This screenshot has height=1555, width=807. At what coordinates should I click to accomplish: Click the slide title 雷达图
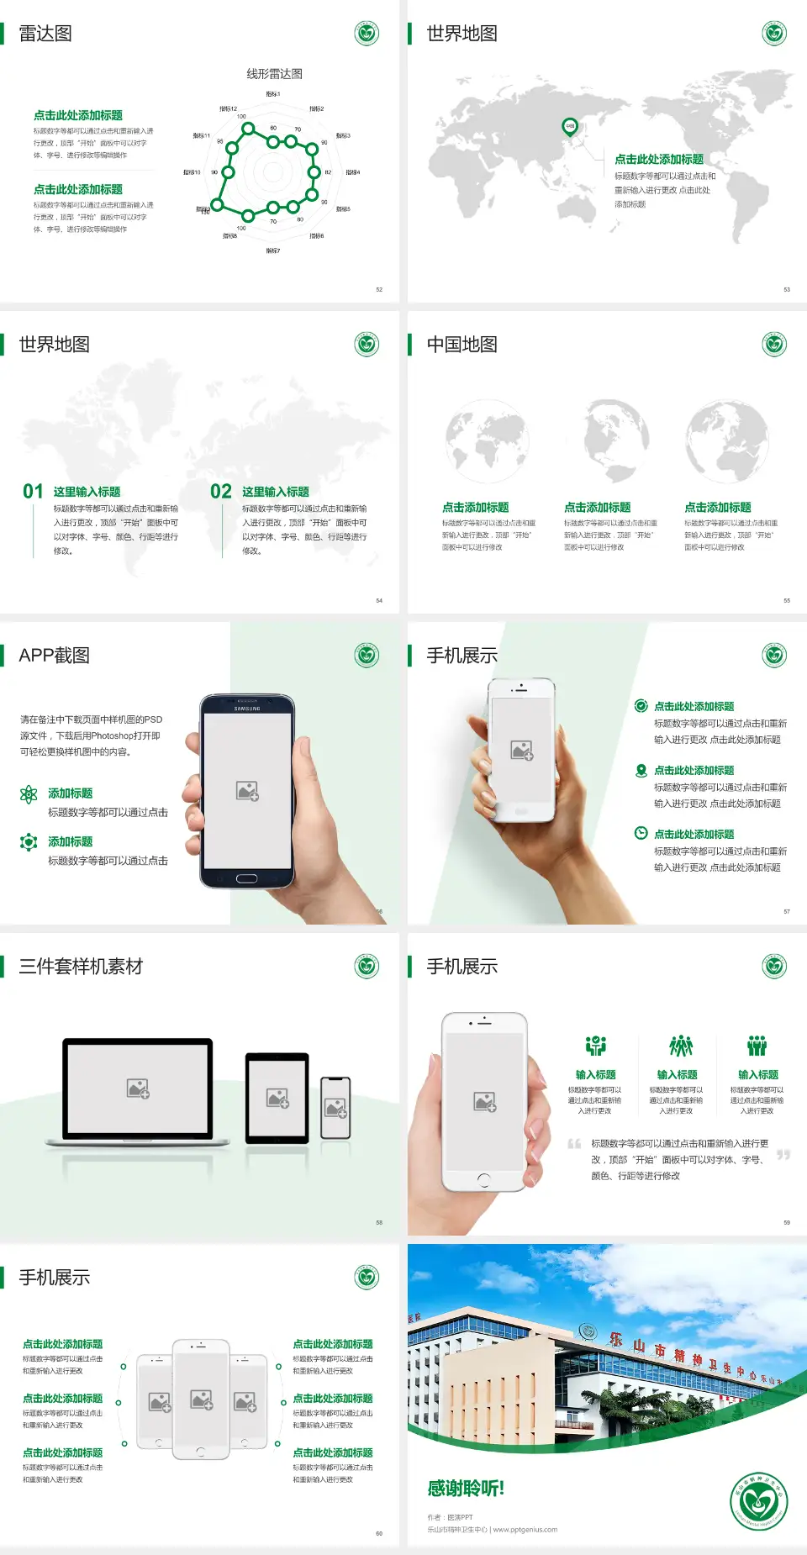(45, 34)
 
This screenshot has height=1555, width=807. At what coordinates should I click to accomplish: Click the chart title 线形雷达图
(274, 74)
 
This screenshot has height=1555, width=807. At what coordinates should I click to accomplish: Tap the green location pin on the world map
(569, 126)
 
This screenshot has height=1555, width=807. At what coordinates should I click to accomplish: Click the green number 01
(33, 492)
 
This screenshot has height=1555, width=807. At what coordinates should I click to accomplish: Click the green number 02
(221, 492)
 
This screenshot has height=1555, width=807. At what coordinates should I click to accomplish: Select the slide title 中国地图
(462, 345)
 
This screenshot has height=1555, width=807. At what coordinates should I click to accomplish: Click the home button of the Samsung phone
(246, 878)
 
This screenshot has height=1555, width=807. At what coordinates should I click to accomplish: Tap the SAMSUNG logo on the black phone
(247, 709)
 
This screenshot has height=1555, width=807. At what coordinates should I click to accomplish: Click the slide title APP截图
(54, 656)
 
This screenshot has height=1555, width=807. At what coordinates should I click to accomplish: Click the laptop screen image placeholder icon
(138, 1088)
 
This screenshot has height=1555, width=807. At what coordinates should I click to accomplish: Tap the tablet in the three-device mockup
(277, 1097)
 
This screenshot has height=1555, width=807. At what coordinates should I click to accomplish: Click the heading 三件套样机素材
(81, 967)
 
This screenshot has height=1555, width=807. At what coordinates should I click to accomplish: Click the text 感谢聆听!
(466, 1489)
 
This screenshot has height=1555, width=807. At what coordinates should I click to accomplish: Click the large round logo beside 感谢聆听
(759, 1501)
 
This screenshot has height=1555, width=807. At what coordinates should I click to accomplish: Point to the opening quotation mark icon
(574, 1143)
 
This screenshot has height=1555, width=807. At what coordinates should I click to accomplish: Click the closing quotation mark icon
(783, 1155)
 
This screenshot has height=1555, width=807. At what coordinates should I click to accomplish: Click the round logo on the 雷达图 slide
(367, 34)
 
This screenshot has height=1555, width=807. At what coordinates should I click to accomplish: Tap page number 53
(787, 289)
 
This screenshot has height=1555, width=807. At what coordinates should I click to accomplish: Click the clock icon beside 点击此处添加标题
(641, 833)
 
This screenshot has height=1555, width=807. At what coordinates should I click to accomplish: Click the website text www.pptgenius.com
(525, 1530)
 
